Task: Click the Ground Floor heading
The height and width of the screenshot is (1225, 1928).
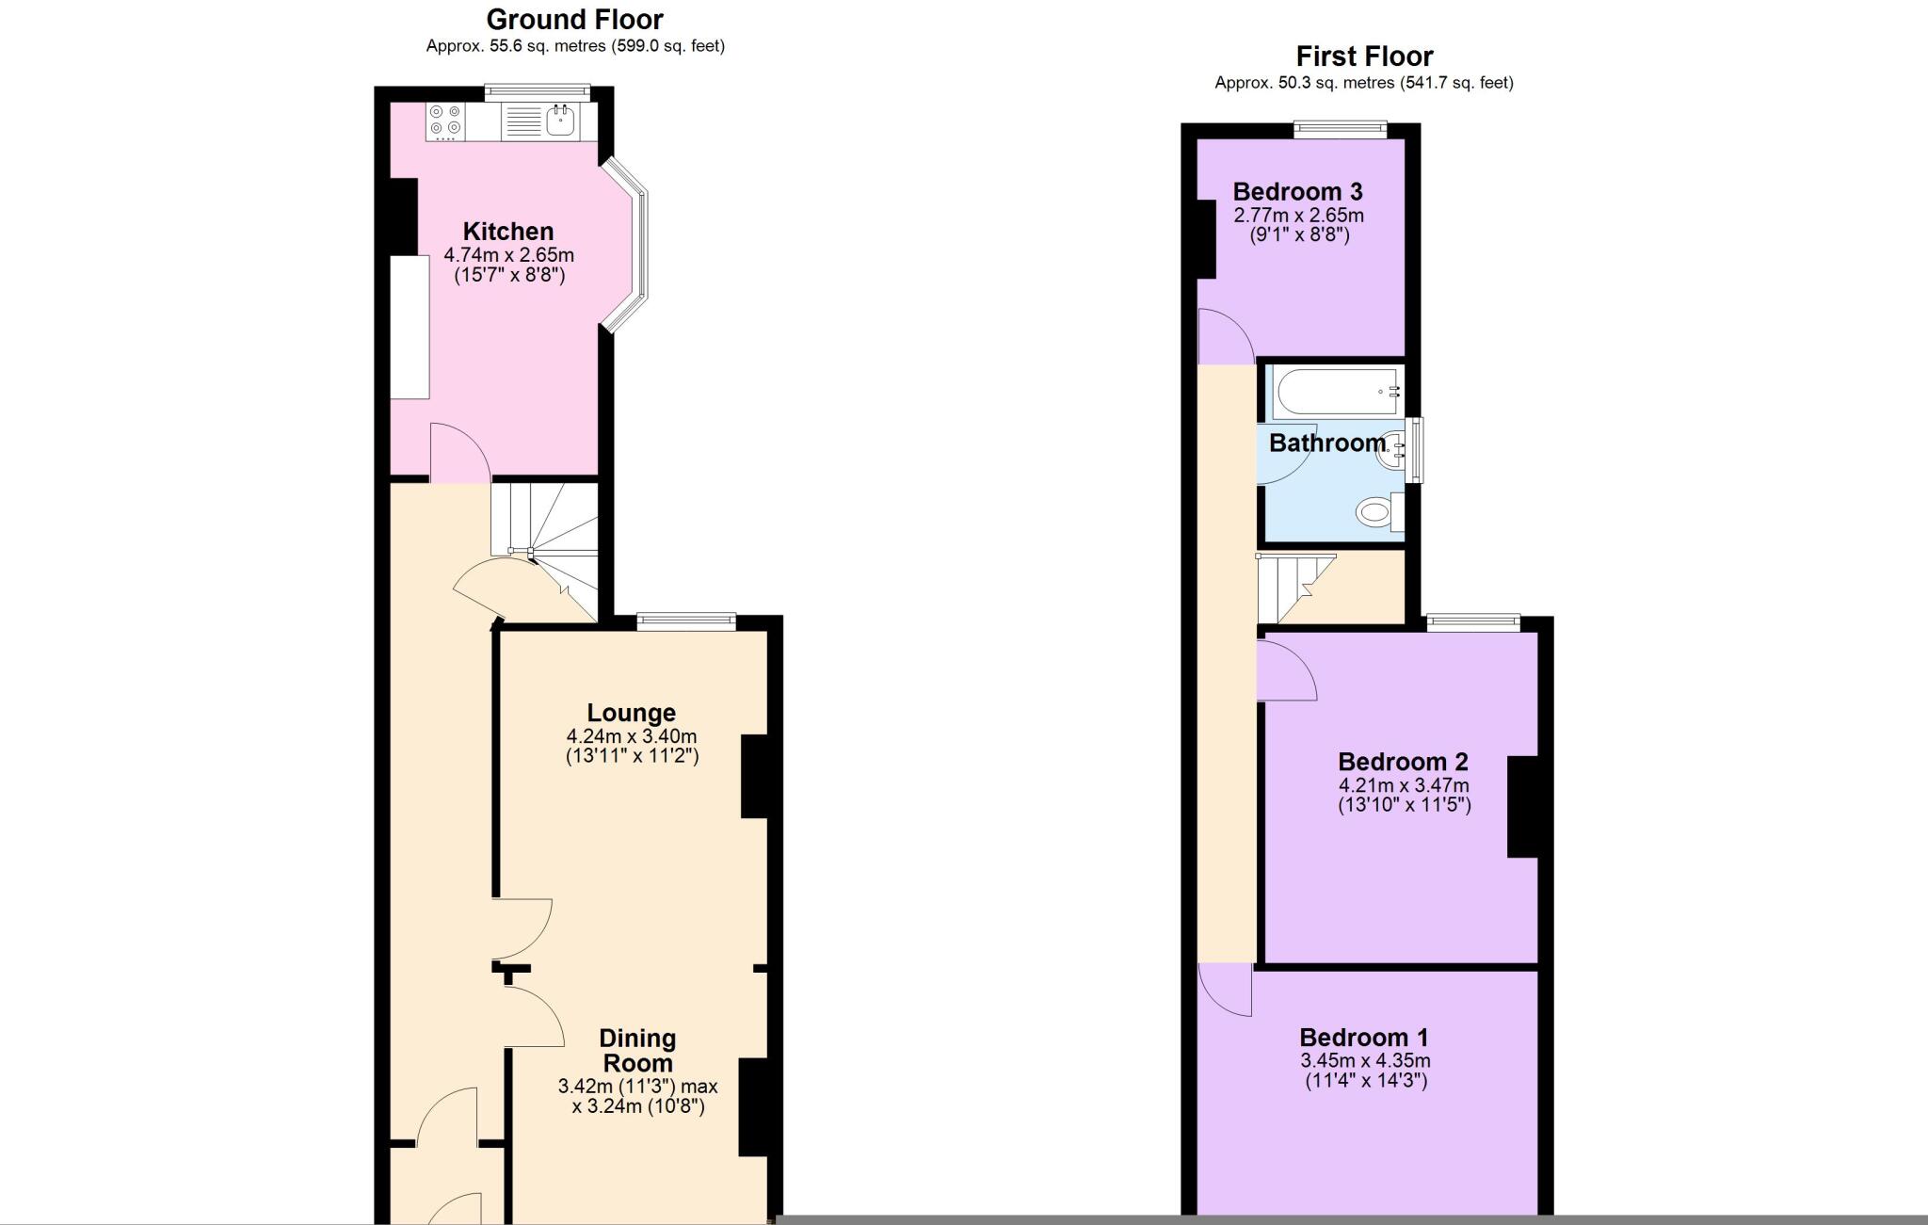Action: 574,19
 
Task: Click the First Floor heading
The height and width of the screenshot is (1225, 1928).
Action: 1364,56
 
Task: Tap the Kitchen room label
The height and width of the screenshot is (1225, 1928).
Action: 507,231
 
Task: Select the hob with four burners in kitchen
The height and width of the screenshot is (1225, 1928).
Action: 444,120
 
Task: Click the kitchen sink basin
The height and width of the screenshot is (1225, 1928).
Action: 561,121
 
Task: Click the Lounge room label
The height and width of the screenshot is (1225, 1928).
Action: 631,713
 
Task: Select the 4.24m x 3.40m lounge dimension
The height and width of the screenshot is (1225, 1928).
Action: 632,736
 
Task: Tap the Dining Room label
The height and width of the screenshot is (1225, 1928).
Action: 637,1050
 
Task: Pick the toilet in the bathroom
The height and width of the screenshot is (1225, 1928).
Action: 1376,513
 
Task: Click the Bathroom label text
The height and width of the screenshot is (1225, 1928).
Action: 1326,443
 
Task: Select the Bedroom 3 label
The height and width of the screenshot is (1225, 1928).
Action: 1297,191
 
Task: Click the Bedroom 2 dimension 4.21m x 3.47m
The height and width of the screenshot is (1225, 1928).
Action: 1403,785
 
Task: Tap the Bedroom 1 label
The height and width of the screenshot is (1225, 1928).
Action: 1363,1037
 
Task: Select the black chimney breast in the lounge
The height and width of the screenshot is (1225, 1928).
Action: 755,776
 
